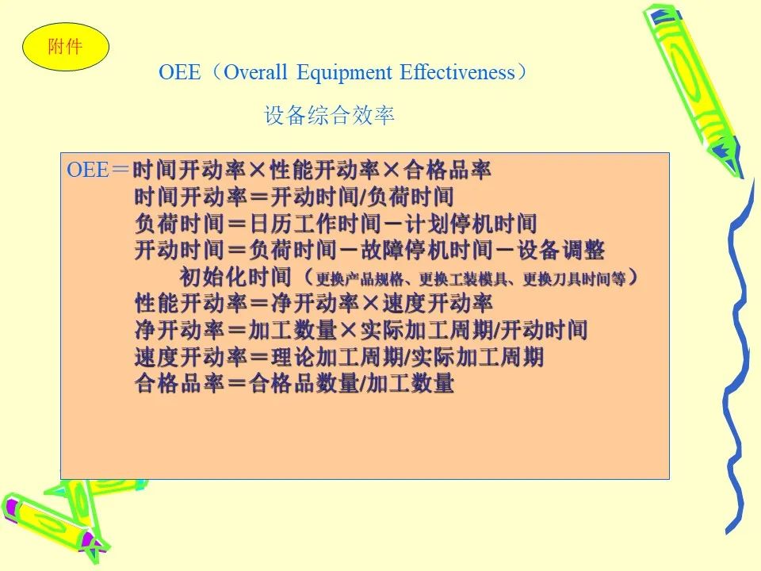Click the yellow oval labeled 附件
[x=66, y=47]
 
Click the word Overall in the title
[x=255, y=72]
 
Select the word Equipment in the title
[x=344, y=73]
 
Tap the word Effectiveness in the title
[x=457, y=72]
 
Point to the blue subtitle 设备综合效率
[x=329, y=116]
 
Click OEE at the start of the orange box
[x=88, y=170]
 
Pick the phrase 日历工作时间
[x=315, y=224]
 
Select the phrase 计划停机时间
[x=470, y=224]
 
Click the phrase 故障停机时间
[x=426, y=251]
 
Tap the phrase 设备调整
[x=560, y=251]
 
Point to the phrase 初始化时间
[x=235, y=277]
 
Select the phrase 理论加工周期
[x=338, y=357]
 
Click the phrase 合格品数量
[x=304, y=384]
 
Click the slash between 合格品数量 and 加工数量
[x=363, y=384]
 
